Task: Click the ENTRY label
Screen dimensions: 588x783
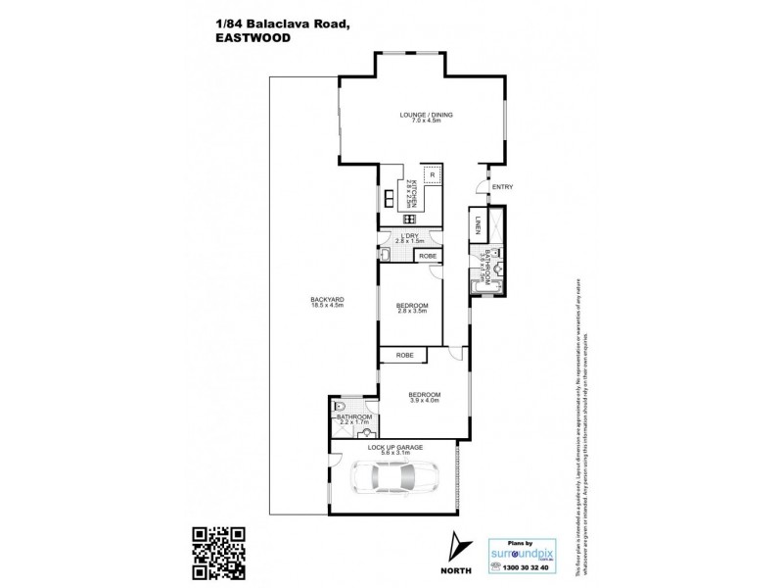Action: [x=502, y=187]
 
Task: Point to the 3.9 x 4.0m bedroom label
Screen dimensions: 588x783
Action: [x=425, y=397]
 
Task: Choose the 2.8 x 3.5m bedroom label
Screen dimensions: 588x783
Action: [x=411, y=311]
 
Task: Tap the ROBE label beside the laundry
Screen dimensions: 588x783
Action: [x=427, y=256]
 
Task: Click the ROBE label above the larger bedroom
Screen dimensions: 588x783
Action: [x=404, y=355]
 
